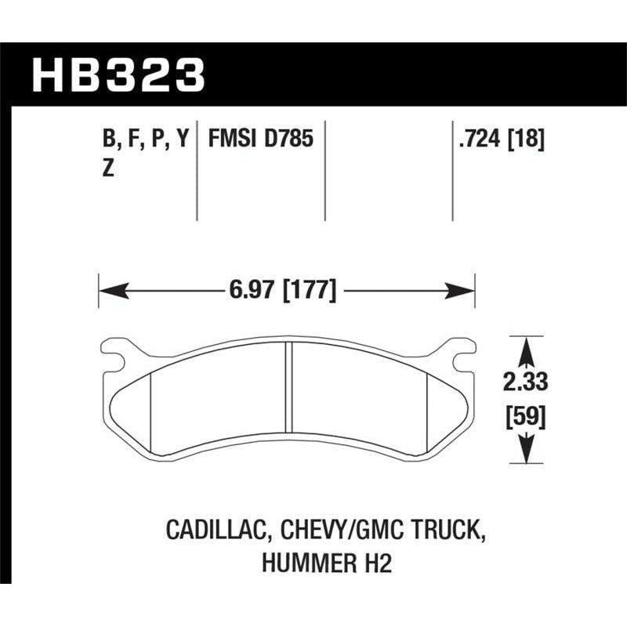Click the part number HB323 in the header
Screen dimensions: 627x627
click(x=117, y=77)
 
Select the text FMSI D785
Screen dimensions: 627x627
click(x=260, y=140)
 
